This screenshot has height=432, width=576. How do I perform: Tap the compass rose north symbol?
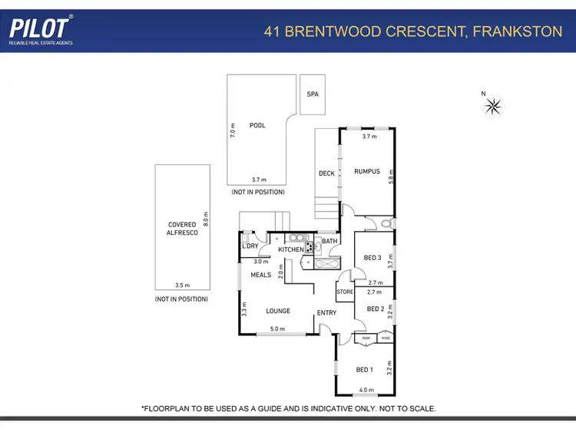click(492, 107)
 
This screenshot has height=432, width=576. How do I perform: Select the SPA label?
click(313, 94)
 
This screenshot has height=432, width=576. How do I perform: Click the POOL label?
click(257, 125)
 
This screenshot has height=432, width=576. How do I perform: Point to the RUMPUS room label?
click(366, 171)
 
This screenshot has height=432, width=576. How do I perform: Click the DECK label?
click(326, 173)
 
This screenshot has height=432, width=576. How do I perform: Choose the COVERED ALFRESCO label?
click(182, 229)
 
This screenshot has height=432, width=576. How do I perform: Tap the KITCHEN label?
click(290, 249)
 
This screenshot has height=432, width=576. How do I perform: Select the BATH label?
click(329, 242)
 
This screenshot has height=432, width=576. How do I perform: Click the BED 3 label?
click(372, 258)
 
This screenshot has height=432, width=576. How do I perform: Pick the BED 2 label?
click(375, 309)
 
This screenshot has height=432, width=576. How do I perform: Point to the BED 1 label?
click(364, 370)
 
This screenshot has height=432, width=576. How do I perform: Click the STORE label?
click(344, 292)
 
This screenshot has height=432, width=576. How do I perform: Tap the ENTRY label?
click(328, 312)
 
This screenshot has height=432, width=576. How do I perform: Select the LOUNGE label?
click(278, 311)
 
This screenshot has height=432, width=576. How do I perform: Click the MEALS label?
click(260, 275)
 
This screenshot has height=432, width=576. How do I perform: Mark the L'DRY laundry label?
click(250, 246)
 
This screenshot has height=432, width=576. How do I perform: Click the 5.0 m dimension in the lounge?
click(276, 330)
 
